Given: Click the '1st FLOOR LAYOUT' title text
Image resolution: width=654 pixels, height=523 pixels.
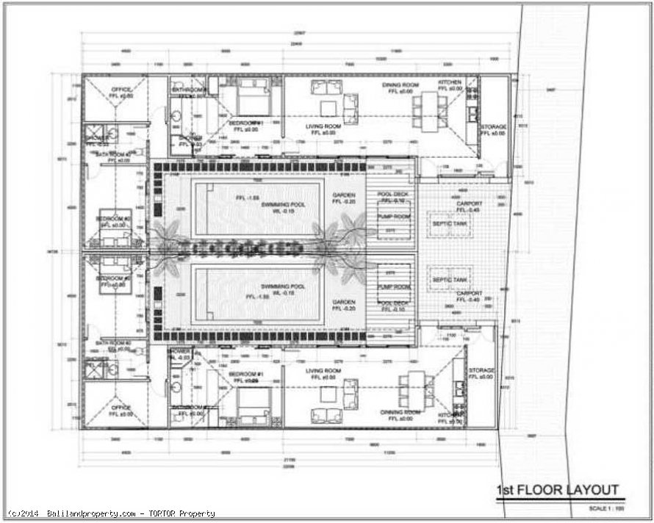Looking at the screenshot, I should [558, 490].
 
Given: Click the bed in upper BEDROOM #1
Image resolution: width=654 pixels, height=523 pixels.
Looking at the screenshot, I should [254, 96].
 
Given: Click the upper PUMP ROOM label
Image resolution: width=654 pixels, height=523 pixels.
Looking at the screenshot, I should [393, 217].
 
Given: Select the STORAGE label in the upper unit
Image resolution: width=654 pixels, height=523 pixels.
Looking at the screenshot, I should [493, 127].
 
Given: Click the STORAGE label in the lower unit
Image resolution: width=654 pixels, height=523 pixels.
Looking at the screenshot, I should [481, 371].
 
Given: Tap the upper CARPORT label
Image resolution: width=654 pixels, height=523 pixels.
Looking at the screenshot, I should [470, 203].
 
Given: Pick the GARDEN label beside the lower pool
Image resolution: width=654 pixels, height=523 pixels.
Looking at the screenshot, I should [343, 302].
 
